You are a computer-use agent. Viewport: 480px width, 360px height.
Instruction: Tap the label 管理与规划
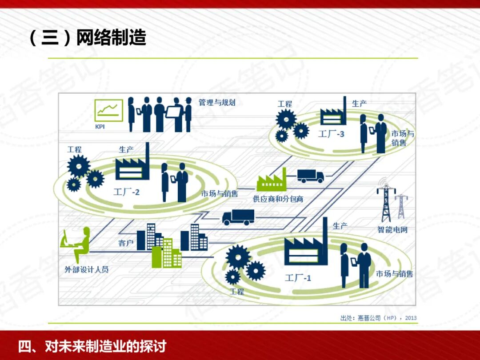217,103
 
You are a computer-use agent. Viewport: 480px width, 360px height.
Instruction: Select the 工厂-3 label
331,133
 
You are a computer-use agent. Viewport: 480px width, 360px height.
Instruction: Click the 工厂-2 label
126,192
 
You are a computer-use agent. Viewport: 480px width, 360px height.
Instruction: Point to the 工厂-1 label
298,278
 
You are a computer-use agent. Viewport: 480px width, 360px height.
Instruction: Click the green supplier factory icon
271,180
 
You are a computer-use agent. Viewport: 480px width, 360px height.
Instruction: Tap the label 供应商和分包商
278,199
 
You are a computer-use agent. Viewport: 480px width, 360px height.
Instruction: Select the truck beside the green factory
310,176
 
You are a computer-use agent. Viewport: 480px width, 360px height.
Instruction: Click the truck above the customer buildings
238,216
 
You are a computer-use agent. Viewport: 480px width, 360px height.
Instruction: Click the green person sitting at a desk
76,244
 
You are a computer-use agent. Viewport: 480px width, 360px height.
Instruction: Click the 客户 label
126,243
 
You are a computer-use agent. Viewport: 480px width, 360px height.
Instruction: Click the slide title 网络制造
111,38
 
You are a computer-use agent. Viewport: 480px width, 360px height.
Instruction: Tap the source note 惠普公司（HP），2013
378,318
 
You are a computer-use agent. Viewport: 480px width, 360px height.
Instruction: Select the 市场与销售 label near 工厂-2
220,194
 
